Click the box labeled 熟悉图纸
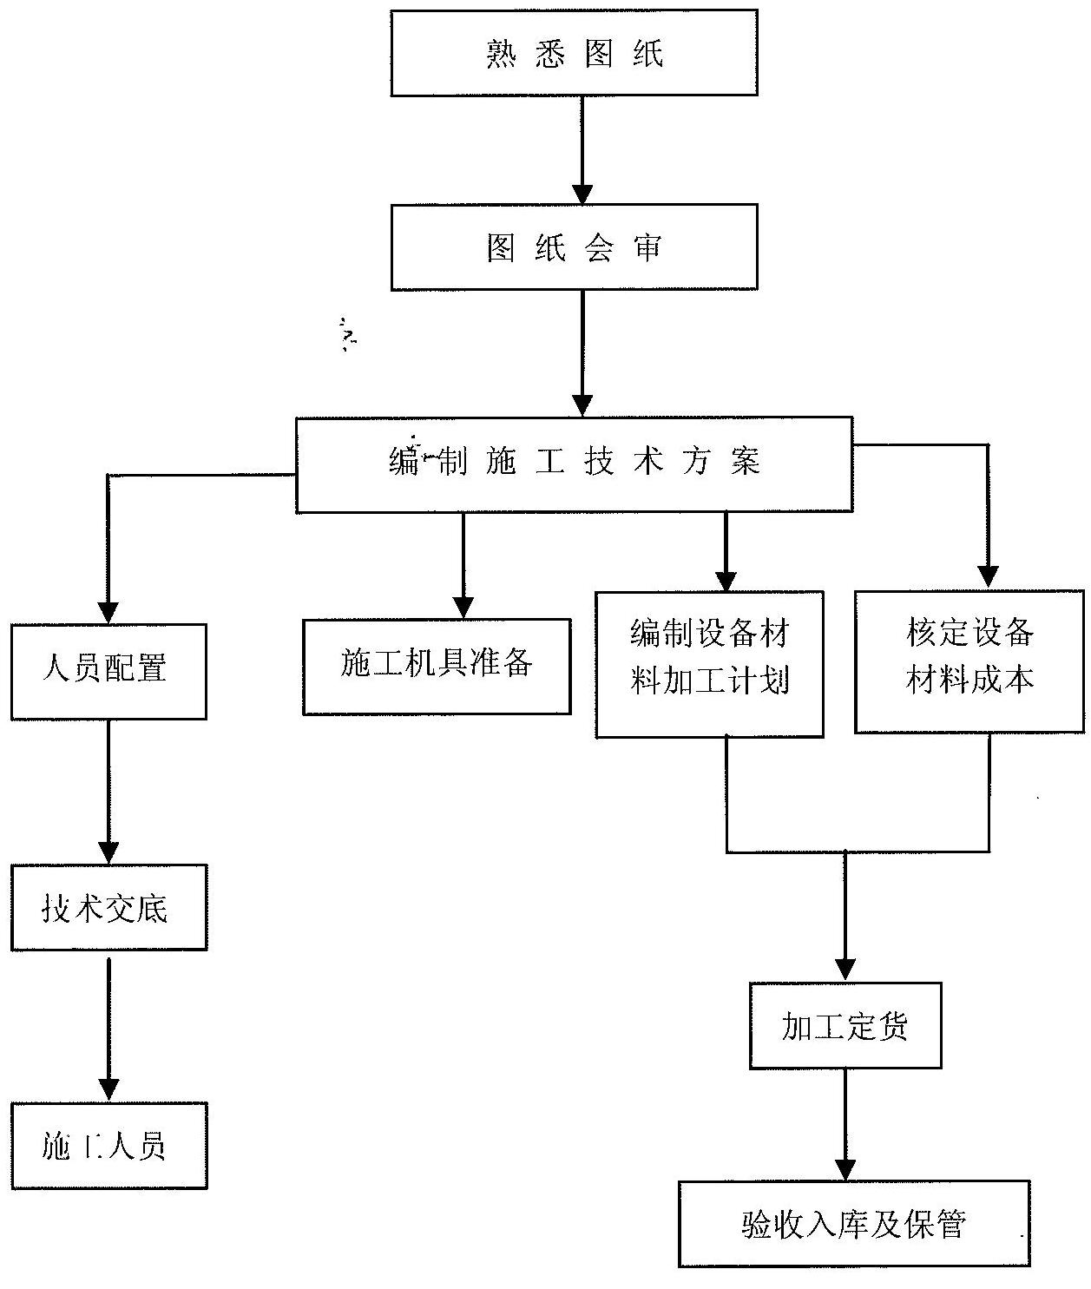[574, 54]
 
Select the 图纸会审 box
[574, 248]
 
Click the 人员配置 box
[108, 671]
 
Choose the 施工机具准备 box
[437, 667]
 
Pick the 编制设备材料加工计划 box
[709, 664]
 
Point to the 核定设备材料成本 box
[969, 661]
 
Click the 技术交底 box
[108, 907]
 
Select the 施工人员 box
[108, 1146]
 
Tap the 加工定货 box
[845, 1025]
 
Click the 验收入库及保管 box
[854, 1224]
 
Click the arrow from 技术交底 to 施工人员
[108, 1029]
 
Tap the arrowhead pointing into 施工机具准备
[463, 607]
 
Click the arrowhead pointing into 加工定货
[845, 970]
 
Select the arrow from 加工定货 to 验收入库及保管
[845, 1124]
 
